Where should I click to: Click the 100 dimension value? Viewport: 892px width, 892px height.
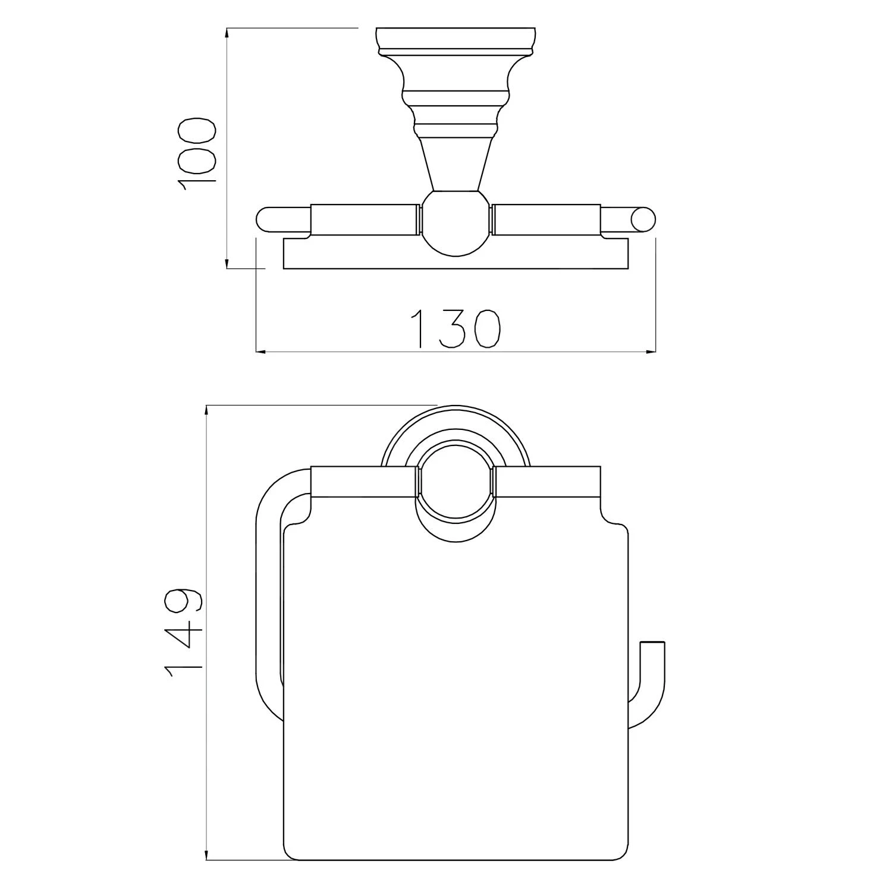(x=198, y=153)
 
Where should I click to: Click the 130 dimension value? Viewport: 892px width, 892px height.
(x=457, y=329)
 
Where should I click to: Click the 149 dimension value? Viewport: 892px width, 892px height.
(x=184, y=633)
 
